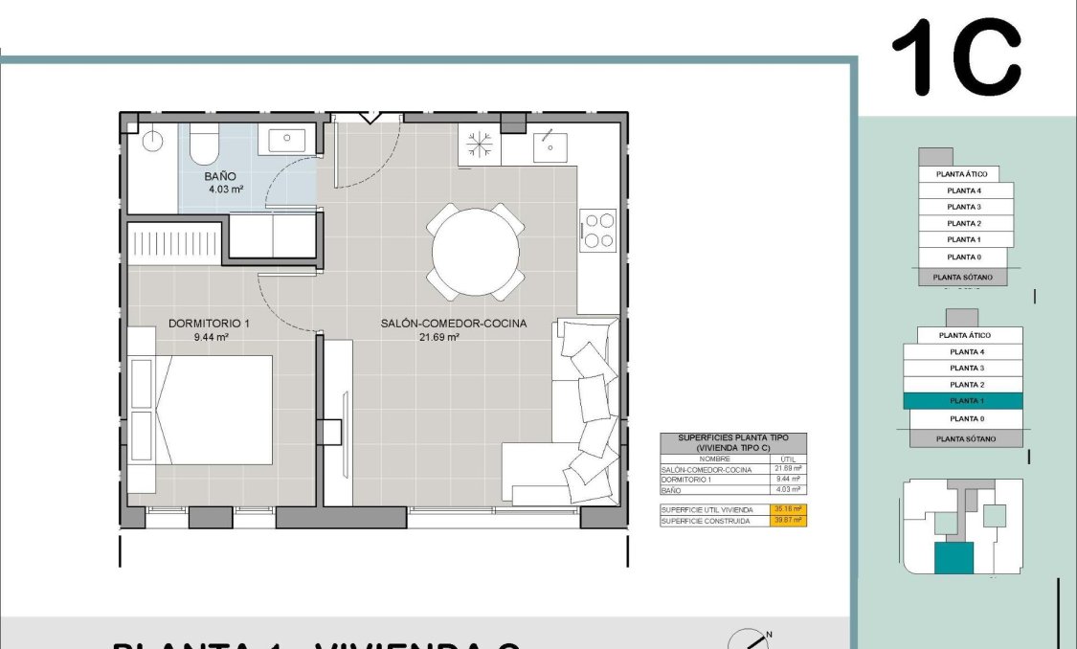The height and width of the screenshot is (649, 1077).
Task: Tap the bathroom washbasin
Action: pyautogui.click(x=287, y=141)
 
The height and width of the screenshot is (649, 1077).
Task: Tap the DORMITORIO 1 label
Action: pyautogui.click(x=209, y=324)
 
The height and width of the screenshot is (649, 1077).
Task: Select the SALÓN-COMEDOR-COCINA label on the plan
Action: pyautogui.click(x=439, y=324)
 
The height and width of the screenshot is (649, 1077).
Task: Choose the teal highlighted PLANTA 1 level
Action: pyautogui.click(x=963, y=401)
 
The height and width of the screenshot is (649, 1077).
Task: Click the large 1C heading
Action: pyautogui.click(x=955, y=59)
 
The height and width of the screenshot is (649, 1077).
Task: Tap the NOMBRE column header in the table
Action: pyautogui.click(x=715, y=459)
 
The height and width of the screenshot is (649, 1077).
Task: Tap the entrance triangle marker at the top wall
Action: pyautogui.click(x=368, y=117)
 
